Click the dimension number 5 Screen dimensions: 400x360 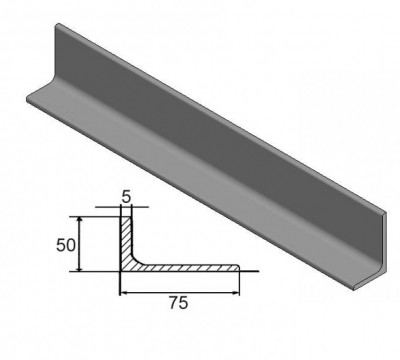[x=126, y=197]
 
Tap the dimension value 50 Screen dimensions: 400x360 [x=66, y=246]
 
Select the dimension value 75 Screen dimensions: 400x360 [x=179, y=303]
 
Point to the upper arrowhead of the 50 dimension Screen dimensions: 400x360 [x=79, y=220]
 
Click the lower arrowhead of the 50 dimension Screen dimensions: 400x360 [x=79, y=268]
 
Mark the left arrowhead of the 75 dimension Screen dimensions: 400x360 [x=124, y=293]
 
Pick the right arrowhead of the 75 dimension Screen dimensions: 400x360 [x=235, y=293]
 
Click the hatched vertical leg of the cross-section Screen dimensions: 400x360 [x=126, y=240]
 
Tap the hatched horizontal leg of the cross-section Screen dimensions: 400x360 [x=187, y=268]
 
